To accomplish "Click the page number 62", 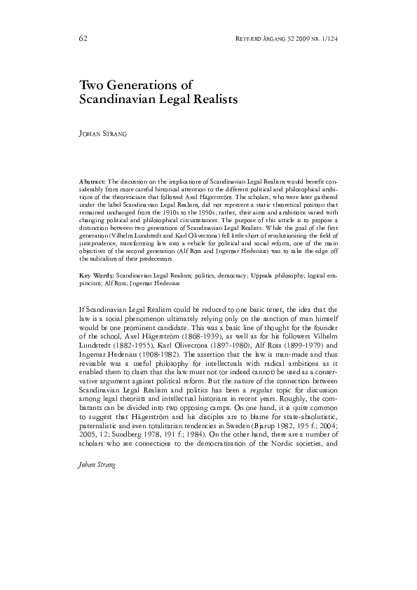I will pyautogui.click(x=83, y=36).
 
